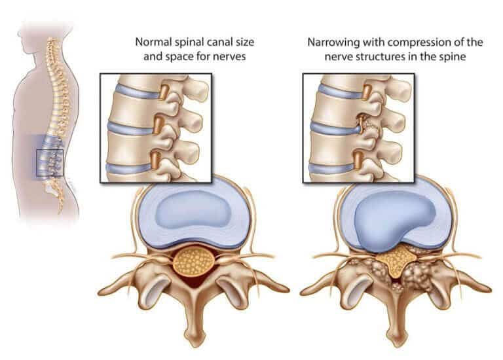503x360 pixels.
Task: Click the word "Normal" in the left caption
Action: (x=153, y=42)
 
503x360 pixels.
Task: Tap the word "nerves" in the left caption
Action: (x=230, y=57)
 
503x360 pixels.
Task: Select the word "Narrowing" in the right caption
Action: (x=333, y=43)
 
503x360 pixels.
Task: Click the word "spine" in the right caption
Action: (x=453, y=57)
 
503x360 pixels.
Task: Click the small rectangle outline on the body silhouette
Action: (x=50, y=162)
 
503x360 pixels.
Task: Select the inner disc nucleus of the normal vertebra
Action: (x=193, y=209)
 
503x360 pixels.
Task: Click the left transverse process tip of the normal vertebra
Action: (x=101, y=292)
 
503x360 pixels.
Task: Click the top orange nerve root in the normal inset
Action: (x=164, y=92)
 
